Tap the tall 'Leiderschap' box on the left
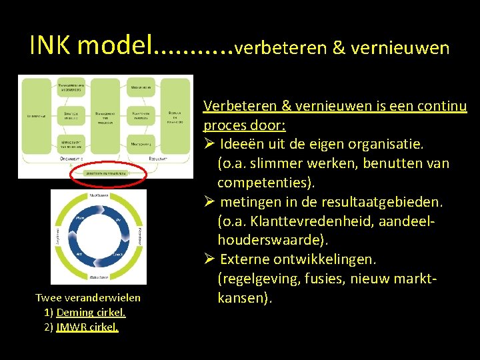[x=35, y=115]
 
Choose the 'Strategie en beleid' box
[x=70, y=115]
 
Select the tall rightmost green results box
[x=175, y=115]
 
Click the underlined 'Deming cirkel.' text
[x=91, y=312]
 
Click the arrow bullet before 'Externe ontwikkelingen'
[x=209, y=259]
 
